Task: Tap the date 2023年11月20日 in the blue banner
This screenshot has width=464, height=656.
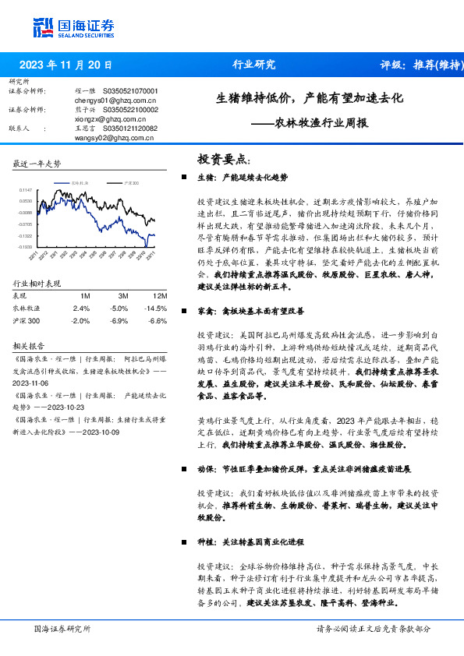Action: pos(65,65)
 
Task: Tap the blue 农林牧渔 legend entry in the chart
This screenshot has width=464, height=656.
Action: pos(79,182)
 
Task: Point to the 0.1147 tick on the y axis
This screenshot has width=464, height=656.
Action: pos(26,189)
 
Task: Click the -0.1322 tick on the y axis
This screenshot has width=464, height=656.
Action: pos(25,235)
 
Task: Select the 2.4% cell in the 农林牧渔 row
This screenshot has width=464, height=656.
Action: pos(80,309)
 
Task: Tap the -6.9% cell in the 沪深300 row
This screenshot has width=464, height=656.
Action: pos(119,320)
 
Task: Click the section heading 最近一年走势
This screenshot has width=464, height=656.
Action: pos(37,164)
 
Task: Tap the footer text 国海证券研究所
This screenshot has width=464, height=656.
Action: pos(62,629)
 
